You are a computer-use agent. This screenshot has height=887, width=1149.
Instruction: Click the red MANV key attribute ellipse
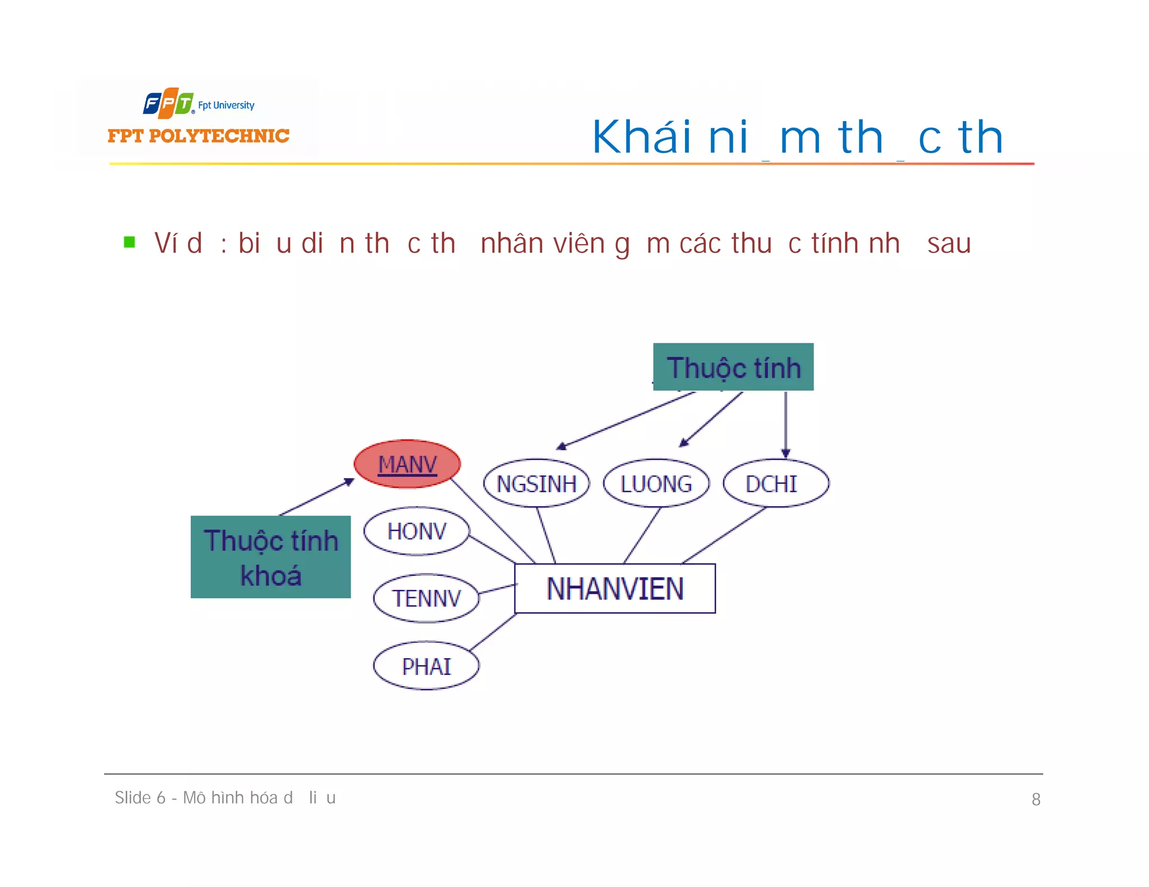click(407, 464)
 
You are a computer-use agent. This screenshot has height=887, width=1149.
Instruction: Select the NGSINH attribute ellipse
click(536, 483)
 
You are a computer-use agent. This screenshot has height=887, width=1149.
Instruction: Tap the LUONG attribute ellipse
click(656, 483)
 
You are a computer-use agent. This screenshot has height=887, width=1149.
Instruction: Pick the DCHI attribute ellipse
click(776, 483)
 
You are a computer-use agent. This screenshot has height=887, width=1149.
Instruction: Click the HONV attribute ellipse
click(416, 531)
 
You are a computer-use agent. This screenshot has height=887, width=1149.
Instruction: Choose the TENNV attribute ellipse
click(426, 598)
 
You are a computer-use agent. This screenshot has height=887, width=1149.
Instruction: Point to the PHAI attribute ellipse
click(426, 666)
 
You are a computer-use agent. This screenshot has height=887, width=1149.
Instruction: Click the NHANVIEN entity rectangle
click(615, 589)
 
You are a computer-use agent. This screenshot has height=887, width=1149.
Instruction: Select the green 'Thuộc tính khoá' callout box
click(270, 557)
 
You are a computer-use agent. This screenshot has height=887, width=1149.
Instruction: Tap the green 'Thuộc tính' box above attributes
click(733, 367)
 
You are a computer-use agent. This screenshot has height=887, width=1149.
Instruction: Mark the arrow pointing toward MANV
click(317, 497)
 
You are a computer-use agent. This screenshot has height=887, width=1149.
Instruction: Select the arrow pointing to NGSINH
click(626, 421)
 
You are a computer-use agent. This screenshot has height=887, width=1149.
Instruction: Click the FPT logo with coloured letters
click(168, 103)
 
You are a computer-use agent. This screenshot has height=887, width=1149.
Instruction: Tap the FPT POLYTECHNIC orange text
click(199, 136)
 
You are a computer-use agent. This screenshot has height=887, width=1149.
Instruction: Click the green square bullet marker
click(130, 242)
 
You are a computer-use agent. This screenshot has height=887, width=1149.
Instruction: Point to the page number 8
click(1036, 799)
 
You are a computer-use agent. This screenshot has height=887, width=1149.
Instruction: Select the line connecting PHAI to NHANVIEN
click(493, 632)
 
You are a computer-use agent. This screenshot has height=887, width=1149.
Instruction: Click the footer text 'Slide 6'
click(140, 797)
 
